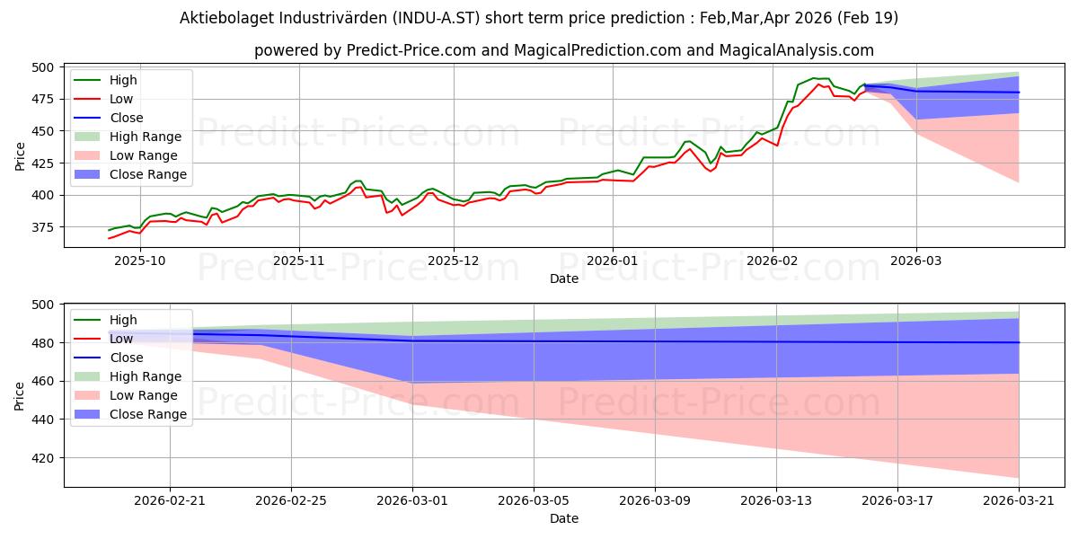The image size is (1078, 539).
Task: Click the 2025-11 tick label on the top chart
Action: coord(299,261)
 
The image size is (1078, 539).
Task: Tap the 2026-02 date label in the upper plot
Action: coord(772,261)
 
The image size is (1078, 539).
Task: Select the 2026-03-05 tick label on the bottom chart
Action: coord(534,500)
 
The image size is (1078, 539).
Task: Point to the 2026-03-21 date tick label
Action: coord(1019,500)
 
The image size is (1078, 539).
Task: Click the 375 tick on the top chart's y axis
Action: coord(43,227)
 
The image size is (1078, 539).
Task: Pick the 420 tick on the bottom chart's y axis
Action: coord(43,458)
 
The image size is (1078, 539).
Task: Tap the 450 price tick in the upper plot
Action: coord(43,131)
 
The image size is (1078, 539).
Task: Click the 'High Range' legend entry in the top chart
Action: coord(128,137)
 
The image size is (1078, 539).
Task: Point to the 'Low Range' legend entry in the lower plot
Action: coord(126,395)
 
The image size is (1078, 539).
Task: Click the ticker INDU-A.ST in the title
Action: coord(437,18)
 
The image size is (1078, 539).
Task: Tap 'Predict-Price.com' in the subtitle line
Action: coord(411,50)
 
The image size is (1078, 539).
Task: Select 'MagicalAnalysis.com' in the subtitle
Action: coord(797,50)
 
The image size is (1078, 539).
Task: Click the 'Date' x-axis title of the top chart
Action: coord(564,278)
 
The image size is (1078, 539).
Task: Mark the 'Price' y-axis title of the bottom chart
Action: coord(19,396)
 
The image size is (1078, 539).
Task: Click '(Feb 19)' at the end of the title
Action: coord(868,18)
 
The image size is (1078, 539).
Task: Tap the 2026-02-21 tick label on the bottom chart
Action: coord(170,500)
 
